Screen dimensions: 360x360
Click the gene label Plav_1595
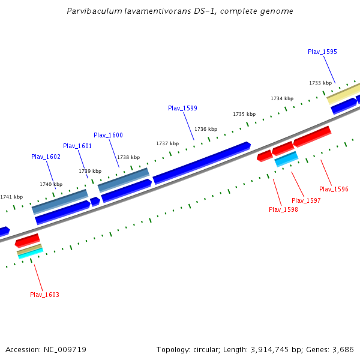322,52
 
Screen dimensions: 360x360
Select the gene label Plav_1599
182,108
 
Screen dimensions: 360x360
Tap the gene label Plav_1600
108,135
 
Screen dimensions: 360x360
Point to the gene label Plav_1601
77,146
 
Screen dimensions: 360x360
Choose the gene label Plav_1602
46,157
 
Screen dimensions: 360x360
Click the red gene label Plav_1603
44,295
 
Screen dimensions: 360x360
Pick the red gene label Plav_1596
334,189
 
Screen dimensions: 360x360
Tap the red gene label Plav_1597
306,200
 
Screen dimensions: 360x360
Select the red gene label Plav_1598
283,209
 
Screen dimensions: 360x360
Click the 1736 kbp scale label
205,129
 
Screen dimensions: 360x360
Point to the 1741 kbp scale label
11,197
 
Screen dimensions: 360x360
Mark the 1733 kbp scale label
320,83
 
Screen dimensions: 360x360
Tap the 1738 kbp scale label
128,157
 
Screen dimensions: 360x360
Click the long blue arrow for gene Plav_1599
201,162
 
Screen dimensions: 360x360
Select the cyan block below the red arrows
286,159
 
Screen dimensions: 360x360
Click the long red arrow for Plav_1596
312,136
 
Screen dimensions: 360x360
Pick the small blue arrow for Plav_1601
95,202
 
